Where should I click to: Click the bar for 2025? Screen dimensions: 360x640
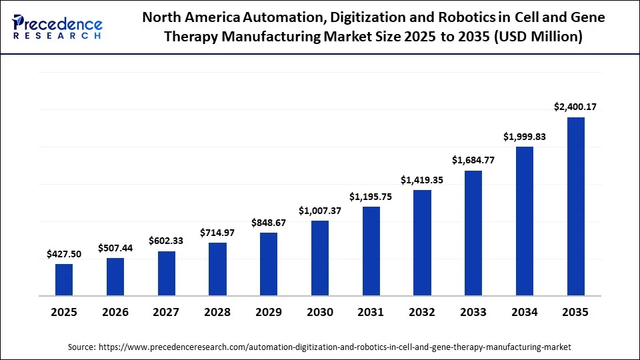point(64,279)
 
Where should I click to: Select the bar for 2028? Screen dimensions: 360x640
point(217,269)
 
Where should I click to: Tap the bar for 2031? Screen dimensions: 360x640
point(371,251)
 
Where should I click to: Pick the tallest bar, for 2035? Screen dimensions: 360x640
point(575,206)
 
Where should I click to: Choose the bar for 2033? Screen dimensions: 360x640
point(473,233)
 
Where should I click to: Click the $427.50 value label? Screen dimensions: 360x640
point(64,254)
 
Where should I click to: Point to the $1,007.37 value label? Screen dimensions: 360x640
point(319,211)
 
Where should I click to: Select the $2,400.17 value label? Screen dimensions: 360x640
point(575,107)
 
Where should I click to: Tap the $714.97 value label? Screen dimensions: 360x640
point(217,233)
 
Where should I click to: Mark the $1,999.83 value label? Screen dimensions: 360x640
point(524,137)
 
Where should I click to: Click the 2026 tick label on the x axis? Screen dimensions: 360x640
point(115,312)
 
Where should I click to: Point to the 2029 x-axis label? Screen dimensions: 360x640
point(269,312)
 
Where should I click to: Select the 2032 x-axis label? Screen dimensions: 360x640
point(422,312)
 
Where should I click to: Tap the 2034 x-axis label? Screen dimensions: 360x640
point(524,312)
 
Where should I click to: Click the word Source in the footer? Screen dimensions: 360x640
point(81,347)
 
